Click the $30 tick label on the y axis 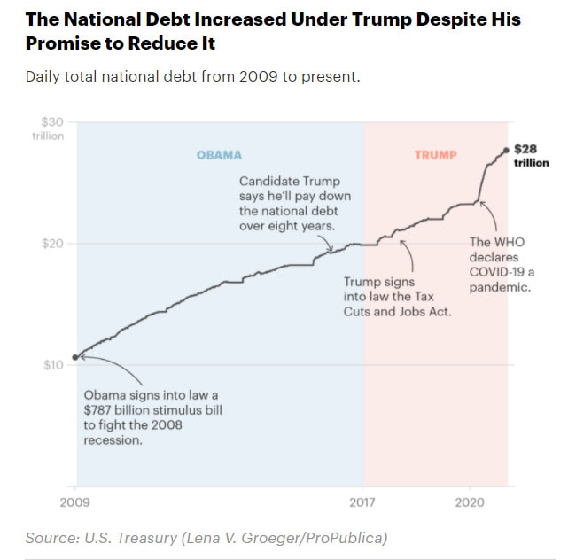[52, 121]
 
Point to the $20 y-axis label [52, 244]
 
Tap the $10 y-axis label [52, 365]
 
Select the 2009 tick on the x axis [75, 501]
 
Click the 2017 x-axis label [362, 501]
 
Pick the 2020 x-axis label [469, 501]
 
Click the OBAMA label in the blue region [219, 155]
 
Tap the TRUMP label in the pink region [435, 155]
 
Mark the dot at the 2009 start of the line [75, 357]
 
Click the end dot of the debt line [506, 150]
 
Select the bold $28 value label [525, 149]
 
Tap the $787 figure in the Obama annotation [100, 409]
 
